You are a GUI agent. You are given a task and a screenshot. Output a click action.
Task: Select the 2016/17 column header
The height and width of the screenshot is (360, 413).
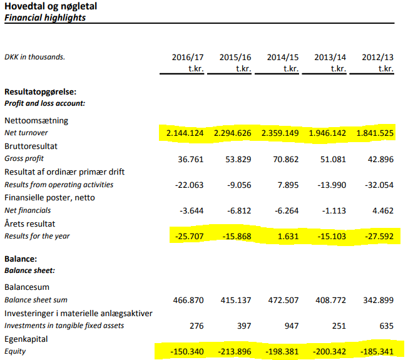[188, 58]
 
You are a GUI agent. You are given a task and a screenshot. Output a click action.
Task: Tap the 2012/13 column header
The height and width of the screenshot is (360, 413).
[378, 58]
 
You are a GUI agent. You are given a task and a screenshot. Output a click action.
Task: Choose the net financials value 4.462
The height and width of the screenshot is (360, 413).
[382, 211]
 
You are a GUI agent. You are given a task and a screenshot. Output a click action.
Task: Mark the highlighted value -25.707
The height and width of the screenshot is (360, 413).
[186, 237]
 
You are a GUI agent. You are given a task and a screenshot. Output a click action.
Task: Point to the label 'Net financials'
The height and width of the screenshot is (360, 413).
[28, 211]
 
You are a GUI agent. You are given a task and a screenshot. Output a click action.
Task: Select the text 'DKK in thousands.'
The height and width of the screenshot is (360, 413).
[34, 58]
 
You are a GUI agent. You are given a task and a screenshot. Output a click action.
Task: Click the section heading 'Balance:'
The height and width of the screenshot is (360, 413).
[21, 258]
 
